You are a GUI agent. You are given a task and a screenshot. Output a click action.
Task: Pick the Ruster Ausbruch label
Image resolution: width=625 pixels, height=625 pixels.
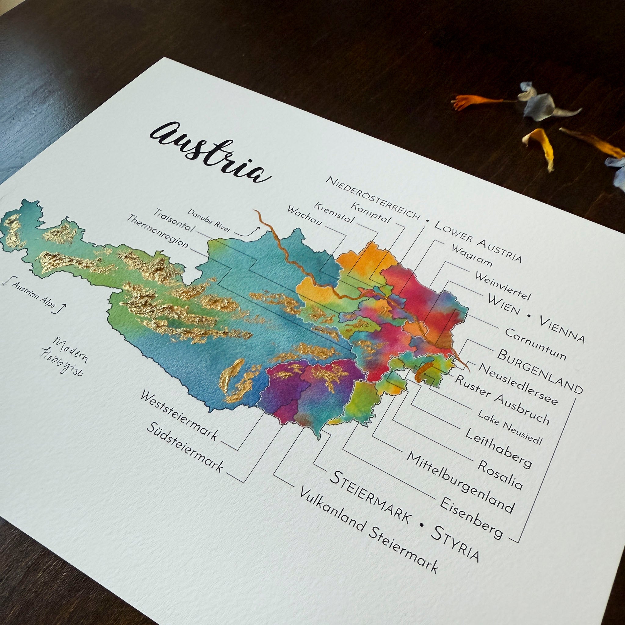pyautogui.click(x=502, y=400)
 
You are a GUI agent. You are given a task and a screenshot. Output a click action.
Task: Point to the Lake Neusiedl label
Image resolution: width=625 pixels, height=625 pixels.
pyautogui.click(x=510, y=427)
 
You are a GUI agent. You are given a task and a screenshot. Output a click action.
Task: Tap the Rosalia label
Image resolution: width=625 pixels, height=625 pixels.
pyautogui.click(x=500, y=475)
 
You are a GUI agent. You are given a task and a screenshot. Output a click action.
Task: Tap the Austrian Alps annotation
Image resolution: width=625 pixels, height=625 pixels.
pyautogui.click(x=34, y=295)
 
